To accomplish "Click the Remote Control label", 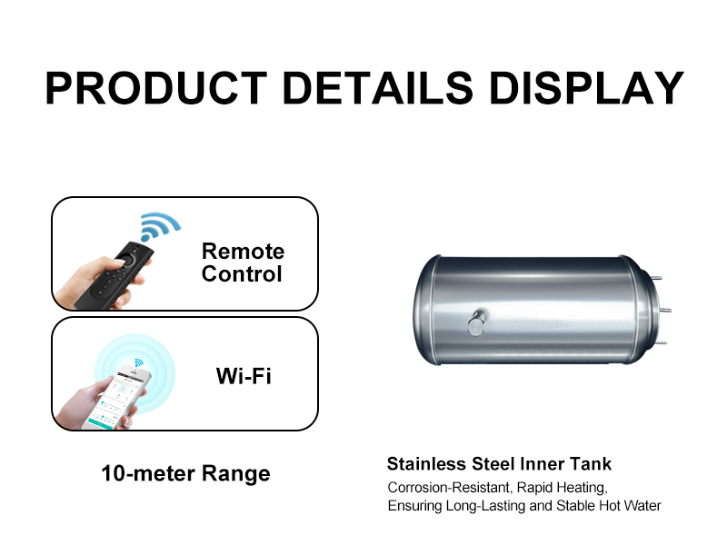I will click(243, 263).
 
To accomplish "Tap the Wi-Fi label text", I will click(243, 375).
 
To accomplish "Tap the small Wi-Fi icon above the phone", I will click(139, 363).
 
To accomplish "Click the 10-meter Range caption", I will click(185, 473).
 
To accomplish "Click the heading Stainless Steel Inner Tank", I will click(499, 465).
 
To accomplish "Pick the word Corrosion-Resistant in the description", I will click(445, 487).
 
